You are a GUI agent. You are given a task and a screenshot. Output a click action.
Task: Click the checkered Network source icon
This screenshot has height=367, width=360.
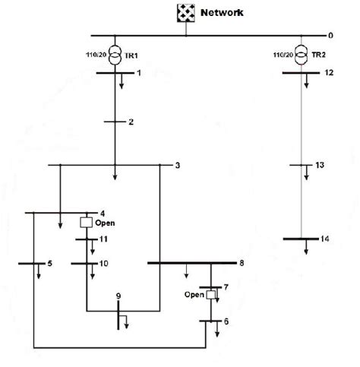(185, 12)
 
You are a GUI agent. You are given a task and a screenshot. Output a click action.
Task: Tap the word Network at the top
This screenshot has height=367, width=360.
(222, 12)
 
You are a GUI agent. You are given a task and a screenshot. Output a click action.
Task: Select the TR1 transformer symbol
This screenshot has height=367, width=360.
(114, 55)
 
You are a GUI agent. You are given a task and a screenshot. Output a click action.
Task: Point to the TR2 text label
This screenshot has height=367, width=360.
(321, 55)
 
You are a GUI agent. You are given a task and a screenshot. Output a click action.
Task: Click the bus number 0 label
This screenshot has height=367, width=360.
(330, 36)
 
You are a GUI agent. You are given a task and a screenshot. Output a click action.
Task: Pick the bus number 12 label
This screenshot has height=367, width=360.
(329, 73)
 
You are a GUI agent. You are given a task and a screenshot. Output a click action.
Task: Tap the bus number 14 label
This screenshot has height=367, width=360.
(325, 239)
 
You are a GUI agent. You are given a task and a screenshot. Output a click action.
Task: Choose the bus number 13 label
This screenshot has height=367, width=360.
(320, 165)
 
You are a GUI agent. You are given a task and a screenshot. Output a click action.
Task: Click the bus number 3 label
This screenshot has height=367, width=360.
(178, 166)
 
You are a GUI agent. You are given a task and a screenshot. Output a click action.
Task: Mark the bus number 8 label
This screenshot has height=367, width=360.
(242, 264)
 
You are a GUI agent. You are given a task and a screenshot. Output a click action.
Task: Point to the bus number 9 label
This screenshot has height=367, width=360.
(118, 295)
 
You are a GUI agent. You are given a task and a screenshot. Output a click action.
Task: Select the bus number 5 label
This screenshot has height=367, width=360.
(49, 264)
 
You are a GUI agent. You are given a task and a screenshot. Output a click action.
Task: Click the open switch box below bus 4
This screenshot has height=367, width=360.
(87, 223)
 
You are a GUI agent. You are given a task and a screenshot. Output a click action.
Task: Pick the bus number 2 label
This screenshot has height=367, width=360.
(131, 122)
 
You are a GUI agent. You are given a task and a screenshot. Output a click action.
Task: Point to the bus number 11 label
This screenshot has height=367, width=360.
(104, 239)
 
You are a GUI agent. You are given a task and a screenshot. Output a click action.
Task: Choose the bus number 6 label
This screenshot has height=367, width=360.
(225, 321)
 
